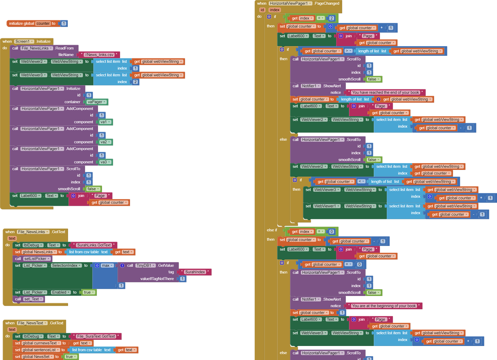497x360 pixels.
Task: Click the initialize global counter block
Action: [x=21, y=23]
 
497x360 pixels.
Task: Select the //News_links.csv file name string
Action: [x=99, y=55]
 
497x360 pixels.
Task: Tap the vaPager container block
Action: [x=97, y=102]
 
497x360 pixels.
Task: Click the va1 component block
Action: [x=105, y=122]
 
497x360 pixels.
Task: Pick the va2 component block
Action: [x=105, y=142]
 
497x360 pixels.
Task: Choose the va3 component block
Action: [x=105, y=162]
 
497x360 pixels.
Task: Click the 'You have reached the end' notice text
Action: [x=385, y=93]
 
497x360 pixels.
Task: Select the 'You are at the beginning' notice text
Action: [x=384, y=306]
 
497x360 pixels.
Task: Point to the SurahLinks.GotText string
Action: [x=94, y=245]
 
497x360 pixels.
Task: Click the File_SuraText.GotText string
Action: [x=96, y=336]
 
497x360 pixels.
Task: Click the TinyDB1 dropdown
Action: [x=145, y=265]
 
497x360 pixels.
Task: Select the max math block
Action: [x=107, y=265]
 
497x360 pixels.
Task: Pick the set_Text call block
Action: [x=33, y=299]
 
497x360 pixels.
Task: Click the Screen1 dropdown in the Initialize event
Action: [x=24, y=41]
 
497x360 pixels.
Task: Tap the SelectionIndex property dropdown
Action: [x=66, y=265]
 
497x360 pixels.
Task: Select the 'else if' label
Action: [x=272, y=230]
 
